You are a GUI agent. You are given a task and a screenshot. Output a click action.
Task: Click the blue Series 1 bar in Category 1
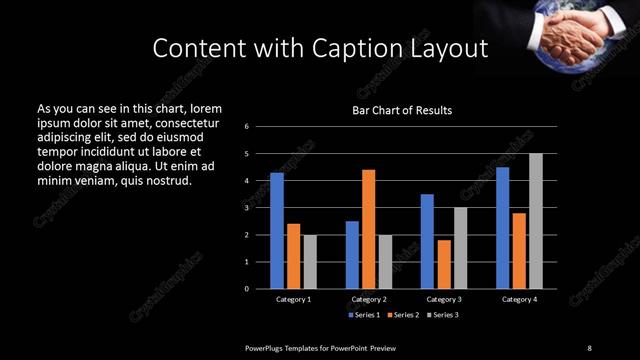[x=277, y=231]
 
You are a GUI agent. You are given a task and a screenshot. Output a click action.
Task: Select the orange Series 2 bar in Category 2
[x=368, y=229]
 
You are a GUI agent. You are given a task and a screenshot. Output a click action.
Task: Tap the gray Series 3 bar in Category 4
[x=536, y=221]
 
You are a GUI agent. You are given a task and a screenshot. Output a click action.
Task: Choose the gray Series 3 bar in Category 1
[x=309, y=262]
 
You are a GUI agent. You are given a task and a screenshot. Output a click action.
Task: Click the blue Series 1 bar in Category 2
[x=352, y=255]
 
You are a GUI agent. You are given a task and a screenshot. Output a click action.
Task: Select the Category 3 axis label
[x=444, y=299]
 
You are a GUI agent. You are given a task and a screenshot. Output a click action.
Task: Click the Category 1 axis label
[x=293, y=299]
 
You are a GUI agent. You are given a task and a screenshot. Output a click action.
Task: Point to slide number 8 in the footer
[x=589, y=347]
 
